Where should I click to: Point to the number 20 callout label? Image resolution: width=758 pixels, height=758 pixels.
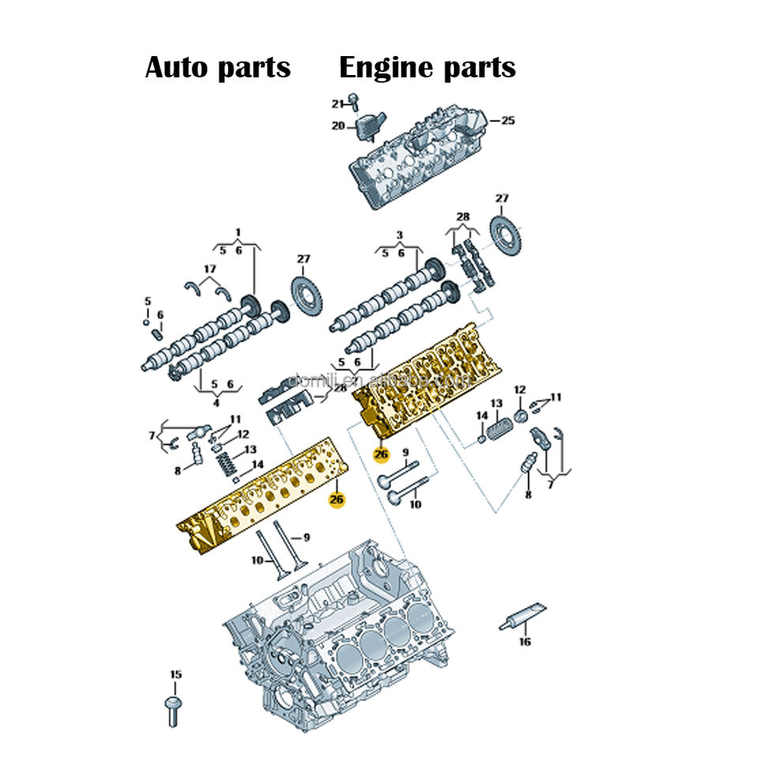tap(337, 126)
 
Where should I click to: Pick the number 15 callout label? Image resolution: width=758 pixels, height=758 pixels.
tap(175, 674)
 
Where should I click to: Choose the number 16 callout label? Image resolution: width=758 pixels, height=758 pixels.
tap(524, 642)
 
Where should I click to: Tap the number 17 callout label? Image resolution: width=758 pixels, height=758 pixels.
tap(209, 269)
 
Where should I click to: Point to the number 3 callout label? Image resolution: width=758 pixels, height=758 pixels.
tap(400, 235)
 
